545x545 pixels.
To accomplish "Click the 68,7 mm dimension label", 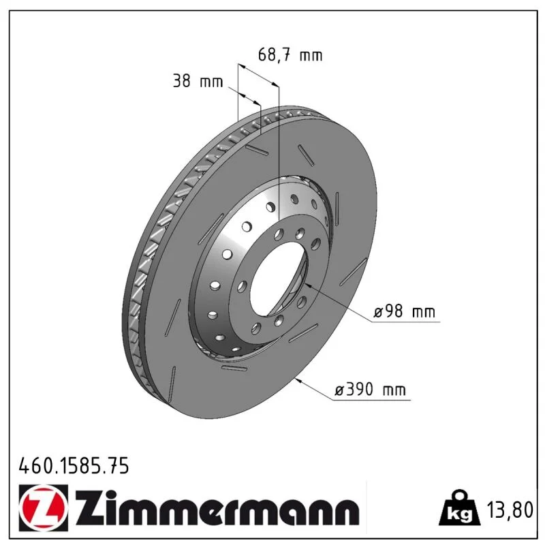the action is tap(290, 55).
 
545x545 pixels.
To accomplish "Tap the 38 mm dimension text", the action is tap(198, 81).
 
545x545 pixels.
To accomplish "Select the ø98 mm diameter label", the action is tap(404, 311).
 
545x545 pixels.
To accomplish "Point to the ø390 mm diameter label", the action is tap(370, 389).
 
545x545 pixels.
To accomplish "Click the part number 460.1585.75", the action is tap(74, 466).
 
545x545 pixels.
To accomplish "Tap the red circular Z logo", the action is tap(44, 508).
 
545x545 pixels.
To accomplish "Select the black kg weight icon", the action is tap(459, 508).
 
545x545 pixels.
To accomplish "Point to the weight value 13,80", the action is tap(510, 510).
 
